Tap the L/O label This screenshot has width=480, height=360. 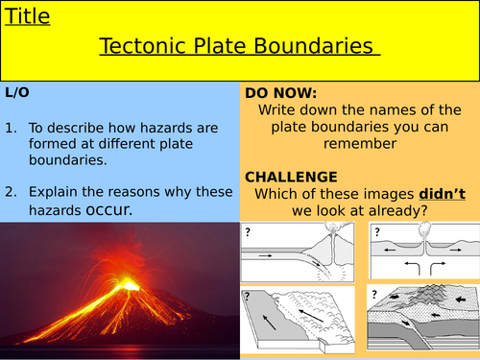[x=18, y=93]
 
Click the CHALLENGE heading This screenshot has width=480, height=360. [x=291, y=177]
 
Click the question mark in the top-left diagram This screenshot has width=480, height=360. [x=247, y=231]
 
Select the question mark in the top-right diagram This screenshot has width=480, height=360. [x=376, y=231]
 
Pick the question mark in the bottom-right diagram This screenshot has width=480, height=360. [x=375, y=293]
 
